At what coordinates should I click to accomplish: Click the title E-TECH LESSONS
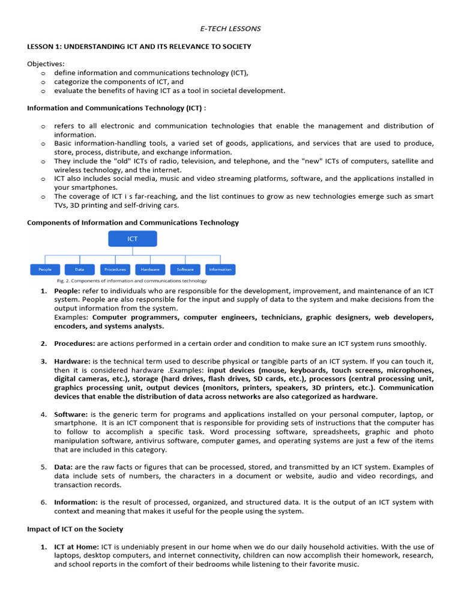(x=230, y=28)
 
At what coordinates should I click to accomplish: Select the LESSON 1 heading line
(x=139, y=46)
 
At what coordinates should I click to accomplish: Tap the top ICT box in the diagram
(x=133, y=239)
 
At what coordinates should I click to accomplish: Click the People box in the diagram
(x=45, y=270)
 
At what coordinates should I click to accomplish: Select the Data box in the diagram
(x=80, y=270)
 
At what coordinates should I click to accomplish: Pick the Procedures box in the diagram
(x=115, y=270)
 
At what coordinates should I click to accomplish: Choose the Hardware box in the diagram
(x=150, y=270)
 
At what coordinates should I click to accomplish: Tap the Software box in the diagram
(x=185, y=270)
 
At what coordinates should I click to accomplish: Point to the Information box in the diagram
(x=220, y=270)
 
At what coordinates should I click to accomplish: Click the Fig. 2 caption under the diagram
(x=131, y=280)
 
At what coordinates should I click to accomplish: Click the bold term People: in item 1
(x=67, y=291)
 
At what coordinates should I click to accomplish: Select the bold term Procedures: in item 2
(x=74, y=344)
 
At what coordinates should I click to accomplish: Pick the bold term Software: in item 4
(x=71, y=414)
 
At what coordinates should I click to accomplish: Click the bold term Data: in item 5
(x=64, y=467)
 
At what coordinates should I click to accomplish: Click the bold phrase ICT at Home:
(x=76, y=547)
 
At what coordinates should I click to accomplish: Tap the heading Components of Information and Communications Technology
(x=133, y=222)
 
